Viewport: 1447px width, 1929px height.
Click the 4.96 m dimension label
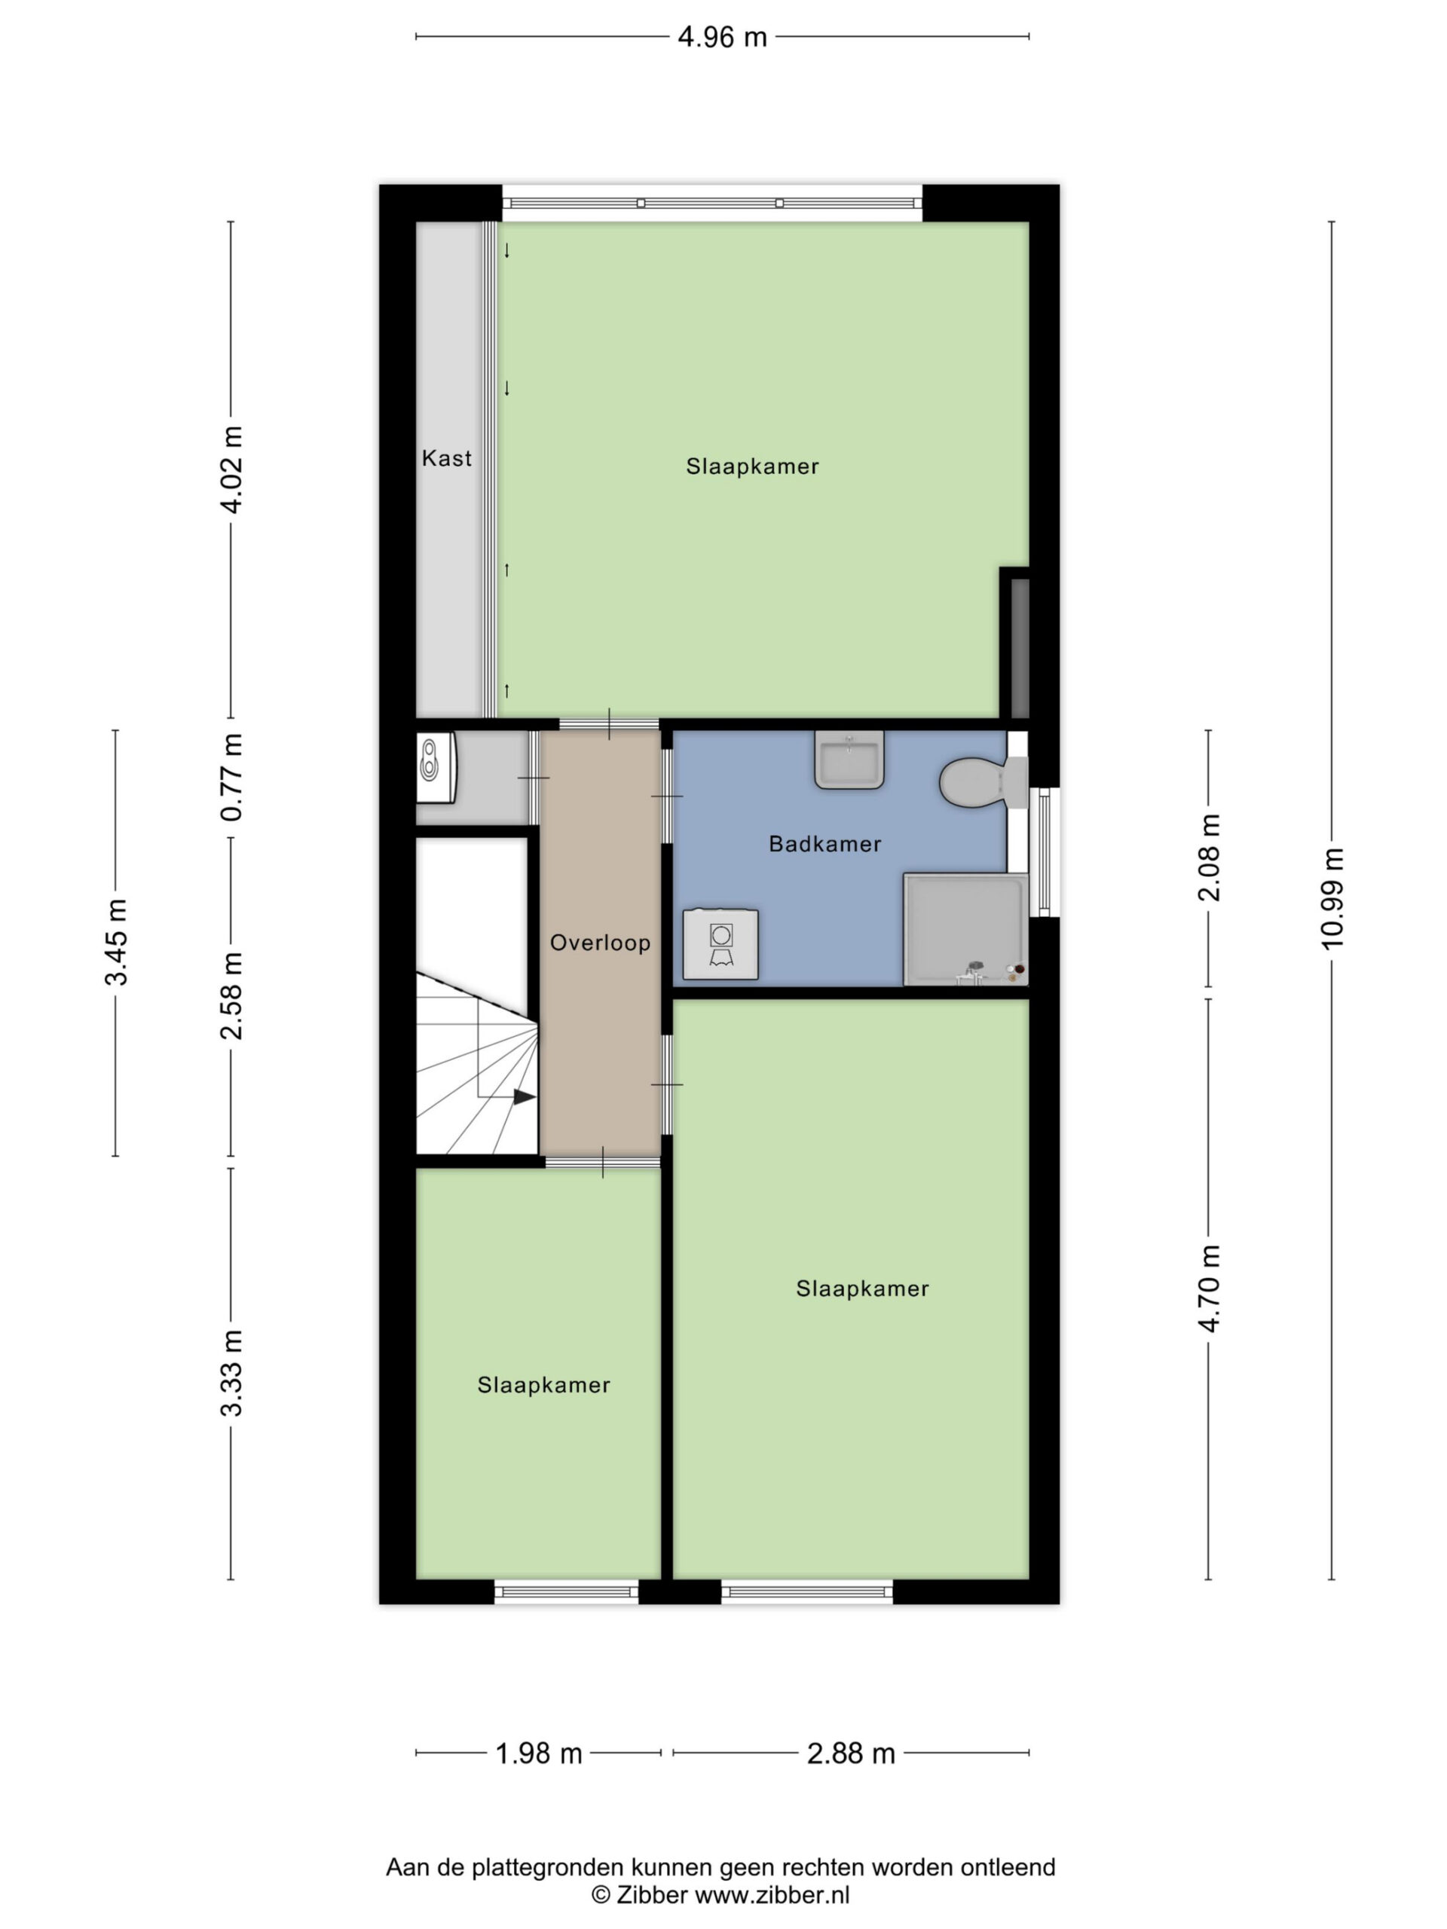722,37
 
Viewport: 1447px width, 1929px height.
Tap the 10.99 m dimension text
1332,898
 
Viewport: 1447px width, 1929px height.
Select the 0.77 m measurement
231,777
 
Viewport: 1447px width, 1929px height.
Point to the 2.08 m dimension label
1209,858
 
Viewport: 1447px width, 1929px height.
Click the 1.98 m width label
538,1753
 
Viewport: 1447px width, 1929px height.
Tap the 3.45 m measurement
116,942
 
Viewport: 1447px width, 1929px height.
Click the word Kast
447,458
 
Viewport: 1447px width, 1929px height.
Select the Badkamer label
824,843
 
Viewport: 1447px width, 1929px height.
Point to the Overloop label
600,943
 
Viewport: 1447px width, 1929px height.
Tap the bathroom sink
849,760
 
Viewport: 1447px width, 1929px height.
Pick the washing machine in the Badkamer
720,944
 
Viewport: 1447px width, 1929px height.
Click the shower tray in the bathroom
965,930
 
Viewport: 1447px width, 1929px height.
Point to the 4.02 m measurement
231,469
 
